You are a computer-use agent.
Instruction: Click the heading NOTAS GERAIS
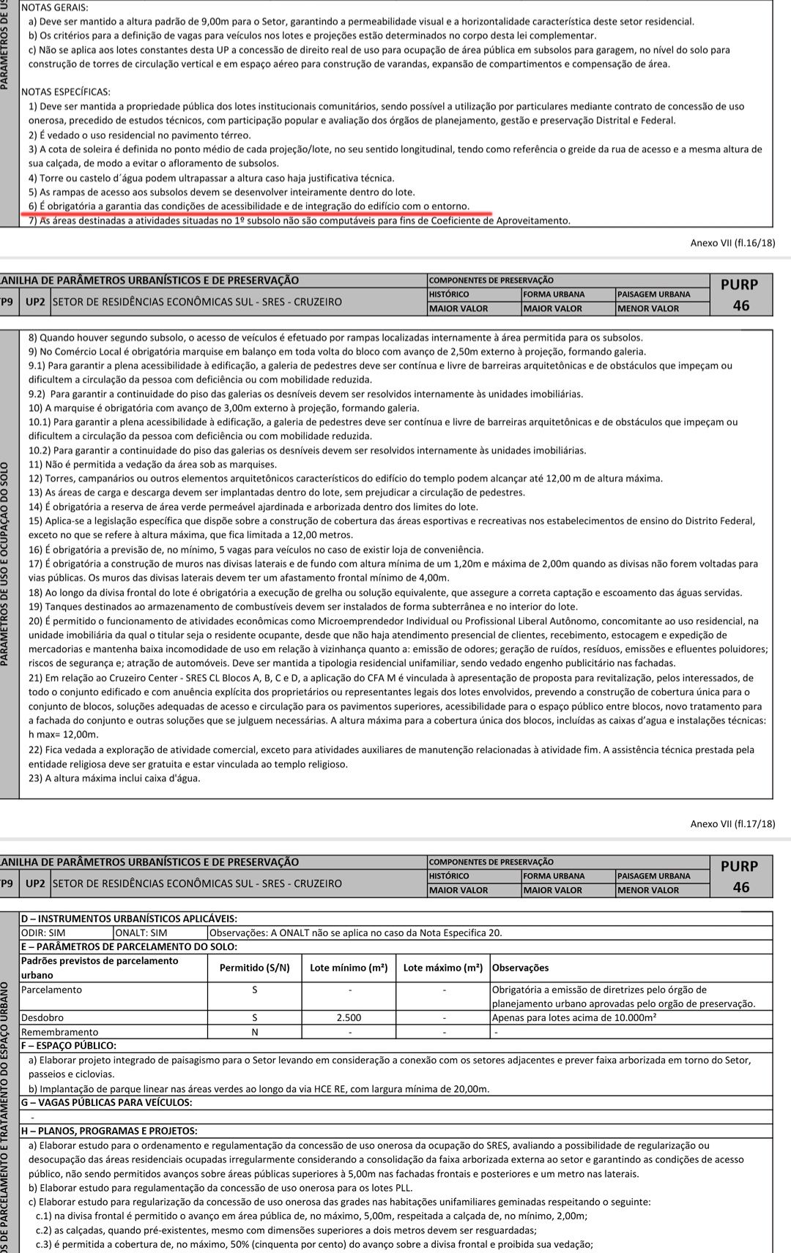54,7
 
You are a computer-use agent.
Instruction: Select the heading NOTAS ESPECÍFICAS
66,92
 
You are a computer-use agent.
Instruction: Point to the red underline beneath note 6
256,214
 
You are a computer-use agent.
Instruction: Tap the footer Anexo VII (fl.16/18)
732,243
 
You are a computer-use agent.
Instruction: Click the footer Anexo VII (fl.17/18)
732,824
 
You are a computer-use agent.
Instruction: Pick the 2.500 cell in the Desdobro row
350,1018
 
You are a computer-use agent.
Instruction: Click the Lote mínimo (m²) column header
349,968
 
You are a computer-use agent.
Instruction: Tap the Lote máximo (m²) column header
442,968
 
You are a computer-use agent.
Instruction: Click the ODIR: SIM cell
43,932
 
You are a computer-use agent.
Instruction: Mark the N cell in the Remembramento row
255,1032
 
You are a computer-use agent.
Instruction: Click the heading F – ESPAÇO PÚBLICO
69,1046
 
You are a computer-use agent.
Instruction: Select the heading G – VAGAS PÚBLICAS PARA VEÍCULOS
107,1102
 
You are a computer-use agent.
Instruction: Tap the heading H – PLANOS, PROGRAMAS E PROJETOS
109,1131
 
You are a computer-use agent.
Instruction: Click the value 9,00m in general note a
229,22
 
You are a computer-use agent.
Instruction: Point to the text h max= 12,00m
63,734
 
